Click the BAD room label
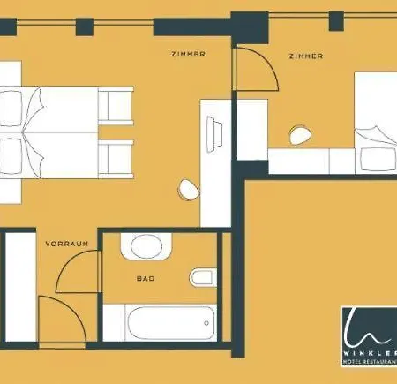pyautogui.click(x=146, y=278)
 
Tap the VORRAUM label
pyautogui.click(x=67, y=244)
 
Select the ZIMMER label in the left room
pyautogui.click(x=188, y=54)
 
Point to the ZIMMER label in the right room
pyautogui.click(x=306, y=56)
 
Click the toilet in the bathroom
pyautogui.click(x=203, y=277)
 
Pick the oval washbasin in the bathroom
pyautogui.click(x=146, y=246)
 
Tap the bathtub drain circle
pyautogui.click(x=206, y=323)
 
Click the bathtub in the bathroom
pyautogui.click(x=171, y=323)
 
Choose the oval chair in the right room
pyautogui.click(x=300, y=135)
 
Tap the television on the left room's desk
pyautogui.click(x=214, y=134)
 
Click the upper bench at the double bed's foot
pyautogui.click(x=116, y=106)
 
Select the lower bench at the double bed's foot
pyautogui.click(x=116, y=160)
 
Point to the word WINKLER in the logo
pyautogui.click(x=371, y=353)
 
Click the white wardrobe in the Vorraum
pyautogui.click(x=20, y=287)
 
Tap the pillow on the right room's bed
pyautogui.click(x=378, y=159)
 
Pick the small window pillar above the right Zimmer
pyautogui.click(x=336, y=21)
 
